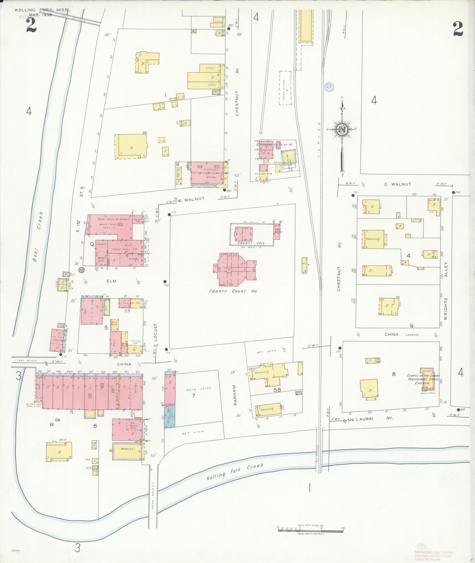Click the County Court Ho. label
point(233,291)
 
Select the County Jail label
point(251,243)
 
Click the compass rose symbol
point(343,130)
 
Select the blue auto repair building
point(170,417)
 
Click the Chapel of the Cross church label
point(423,379)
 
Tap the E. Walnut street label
point(397,184)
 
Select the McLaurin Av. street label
point(370,419)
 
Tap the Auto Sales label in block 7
point(194,389)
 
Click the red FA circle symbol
point(81,270)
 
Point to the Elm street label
point(111,281)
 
